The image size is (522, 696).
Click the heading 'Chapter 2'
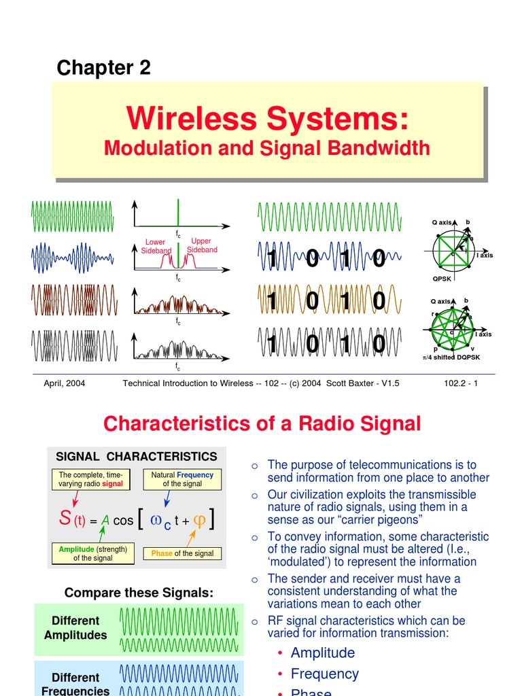point(103,67)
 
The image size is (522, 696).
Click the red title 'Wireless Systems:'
point(268,120)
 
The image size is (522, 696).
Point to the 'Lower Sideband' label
point(156,246)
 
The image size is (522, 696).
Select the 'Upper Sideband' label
point(202,245)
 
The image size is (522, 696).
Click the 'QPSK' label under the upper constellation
point(442,279)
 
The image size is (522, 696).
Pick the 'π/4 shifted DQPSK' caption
point(451,357)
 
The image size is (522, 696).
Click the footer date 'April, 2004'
point(65,383)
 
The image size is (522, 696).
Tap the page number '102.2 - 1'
point(460,383)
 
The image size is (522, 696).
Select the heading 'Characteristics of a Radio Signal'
point(262,424)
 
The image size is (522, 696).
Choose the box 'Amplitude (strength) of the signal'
point(92,553)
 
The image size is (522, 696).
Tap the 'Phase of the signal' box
point(182,553)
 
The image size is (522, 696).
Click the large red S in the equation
point(65,519)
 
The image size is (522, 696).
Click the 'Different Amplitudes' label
point(75,628)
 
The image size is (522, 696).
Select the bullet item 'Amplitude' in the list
point(323,652)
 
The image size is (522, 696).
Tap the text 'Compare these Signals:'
point(139,593)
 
